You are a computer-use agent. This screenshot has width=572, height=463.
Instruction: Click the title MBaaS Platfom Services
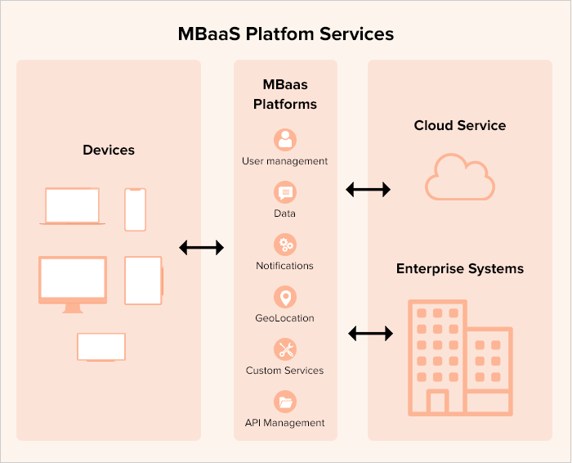(x=286, y=34)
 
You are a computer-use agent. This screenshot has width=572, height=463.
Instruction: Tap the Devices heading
(x=109, y=150)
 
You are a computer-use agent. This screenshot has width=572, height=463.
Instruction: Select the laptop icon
(x=72, y=206)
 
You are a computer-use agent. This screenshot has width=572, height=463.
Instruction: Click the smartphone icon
(x=136, y=209)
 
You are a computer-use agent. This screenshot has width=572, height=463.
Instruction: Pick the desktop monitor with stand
(x=73, y=282)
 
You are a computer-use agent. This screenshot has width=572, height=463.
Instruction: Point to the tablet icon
(x=143, y=280)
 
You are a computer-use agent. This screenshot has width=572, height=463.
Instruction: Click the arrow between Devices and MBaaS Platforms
(x=201, y=247)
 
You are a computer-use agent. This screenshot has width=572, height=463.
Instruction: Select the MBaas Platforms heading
(x=285, y=94)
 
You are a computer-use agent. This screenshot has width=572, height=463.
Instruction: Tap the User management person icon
(x=285, y=140)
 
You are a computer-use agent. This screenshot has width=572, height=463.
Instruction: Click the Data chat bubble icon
(x=285, y=193)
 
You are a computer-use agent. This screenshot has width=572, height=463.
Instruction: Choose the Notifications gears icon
(x=285, y=245)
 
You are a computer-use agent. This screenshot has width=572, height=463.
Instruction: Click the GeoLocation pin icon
(x=285, y=297)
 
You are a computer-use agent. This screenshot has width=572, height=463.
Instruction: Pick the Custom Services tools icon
(x=285, y=349)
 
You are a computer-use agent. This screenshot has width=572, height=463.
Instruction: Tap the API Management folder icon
(x=285, y=402)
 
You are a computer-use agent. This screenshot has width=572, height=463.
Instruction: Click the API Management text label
(x=285, y=423)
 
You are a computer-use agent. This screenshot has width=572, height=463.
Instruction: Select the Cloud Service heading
(x=460, y=125)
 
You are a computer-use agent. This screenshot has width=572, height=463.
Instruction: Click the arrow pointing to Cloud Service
(x=369, y=190)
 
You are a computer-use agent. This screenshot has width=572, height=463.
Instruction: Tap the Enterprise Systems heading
(x=460, y=268)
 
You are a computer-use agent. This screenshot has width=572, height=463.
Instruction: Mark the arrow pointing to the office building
(x=371, y=333)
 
